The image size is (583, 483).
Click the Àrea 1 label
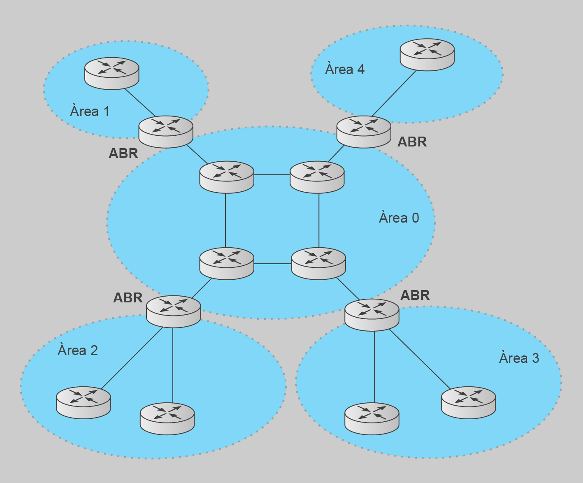[90, 111]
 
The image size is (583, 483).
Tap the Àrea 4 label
[345, 69]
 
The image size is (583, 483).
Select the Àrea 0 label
[399, 218]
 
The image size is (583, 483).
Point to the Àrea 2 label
[78, 350]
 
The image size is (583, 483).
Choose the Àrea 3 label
[519, 358]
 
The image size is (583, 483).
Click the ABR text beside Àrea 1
[123, 153]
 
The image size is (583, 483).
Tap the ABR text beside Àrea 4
[412, 142]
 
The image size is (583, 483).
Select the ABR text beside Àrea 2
[128, 297]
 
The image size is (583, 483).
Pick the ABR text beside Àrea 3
[415, 295]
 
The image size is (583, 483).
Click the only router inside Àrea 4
[427, 55]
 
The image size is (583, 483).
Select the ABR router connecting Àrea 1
[166, 132]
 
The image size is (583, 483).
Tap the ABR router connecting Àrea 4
[364, 132]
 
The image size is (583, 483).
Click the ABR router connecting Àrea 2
[173, 311]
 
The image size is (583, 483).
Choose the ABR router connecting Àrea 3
[372, 315]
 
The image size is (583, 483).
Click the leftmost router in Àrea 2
[84, 402]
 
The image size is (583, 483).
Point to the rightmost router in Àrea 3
[468, 402]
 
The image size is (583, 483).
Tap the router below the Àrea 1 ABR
[227, 177]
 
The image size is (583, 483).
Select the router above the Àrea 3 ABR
[318, 263]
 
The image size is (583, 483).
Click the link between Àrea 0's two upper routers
[272, 175]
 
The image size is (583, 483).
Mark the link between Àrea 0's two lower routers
[272, 264]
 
